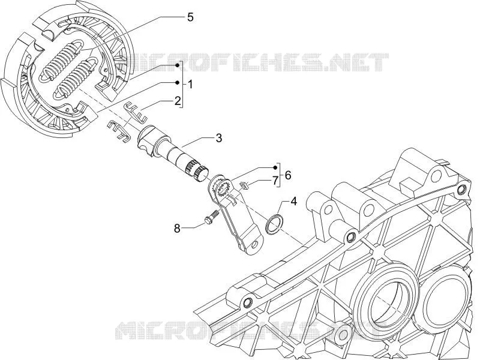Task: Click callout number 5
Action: click(190, 17)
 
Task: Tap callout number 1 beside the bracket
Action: click(190, 84)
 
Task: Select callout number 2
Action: click(178, 101)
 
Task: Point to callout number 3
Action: click(218, 138)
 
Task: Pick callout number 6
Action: click(288, 175)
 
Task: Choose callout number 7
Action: click(275, 179)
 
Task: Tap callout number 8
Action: click(177, 228)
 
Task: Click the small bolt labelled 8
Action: click(211, 218)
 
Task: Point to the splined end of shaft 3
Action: click(197, 172)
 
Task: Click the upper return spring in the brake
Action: click(61, 59)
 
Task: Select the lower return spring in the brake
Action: click(77, 79)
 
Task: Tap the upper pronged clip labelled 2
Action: click(135, 112)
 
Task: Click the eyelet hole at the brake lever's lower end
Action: click(255, 244)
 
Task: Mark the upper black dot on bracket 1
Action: click(177, 65)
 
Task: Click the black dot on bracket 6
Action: click(275, 167)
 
